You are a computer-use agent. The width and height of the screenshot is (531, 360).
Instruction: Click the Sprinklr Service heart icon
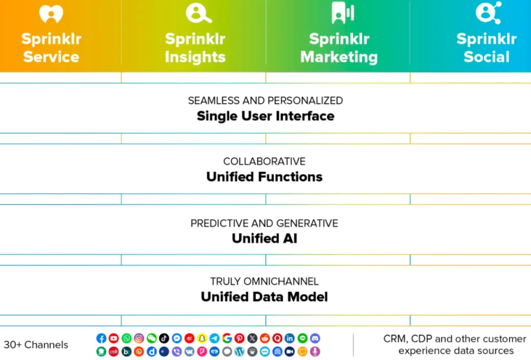pos(51,14)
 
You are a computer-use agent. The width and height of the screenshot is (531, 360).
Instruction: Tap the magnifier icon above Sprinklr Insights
pos(198,13)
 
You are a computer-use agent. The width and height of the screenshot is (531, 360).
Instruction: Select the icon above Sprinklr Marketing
pos(342,13)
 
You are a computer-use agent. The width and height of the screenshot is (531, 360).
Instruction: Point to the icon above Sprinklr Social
pos(488,12)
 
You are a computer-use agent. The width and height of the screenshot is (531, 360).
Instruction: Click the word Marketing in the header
pos(339,57)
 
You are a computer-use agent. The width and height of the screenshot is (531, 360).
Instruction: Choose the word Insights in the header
pos(195,57)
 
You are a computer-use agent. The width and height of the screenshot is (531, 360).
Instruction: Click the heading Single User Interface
pos(265,116)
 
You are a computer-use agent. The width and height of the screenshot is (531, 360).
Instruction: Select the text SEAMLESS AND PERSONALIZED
pos(265,100)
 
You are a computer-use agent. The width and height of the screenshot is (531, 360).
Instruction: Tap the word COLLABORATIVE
pos(265,161)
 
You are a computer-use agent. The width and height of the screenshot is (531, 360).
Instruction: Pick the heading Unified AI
pos(265,239)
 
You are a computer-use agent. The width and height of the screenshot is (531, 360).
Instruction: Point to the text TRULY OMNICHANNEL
pos(265,281)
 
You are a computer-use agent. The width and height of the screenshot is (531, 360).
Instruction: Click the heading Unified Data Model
pos(265,297)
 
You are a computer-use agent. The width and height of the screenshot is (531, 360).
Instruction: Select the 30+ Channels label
pos(36,345)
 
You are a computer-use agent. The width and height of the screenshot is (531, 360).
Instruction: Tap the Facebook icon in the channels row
pos(101,338)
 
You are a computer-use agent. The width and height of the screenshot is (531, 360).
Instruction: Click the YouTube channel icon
pos(114,338)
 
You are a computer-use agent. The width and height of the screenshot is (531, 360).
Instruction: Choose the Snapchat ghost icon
pos(202,338)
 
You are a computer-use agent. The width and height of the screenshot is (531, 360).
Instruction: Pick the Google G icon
pos(227,338)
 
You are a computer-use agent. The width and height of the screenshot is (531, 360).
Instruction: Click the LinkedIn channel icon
pos(290,338)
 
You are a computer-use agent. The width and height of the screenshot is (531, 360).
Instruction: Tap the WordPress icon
pos(239,352)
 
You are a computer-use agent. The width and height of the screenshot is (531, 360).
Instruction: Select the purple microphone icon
pos(315,352)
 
